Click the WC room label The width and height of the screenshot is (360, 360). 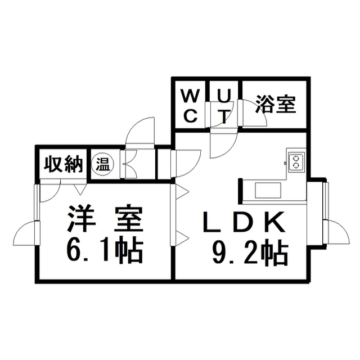pos(190,106)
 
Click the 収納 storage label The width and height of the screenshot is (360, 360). pos(64,164)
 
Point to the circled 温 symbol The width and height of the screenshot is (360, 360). pos(102,164)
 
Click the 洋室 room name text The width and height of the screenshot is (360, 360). pos(105,218)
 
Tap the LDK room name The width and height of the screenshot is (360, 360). pos(244,222)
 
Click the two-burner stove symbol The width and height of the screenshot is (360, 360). pos(296,162)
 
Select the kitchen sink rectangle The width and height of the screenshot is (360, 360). pos(268,190)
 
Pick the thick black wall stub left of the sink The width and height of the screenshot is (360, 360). pos(240,191)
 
